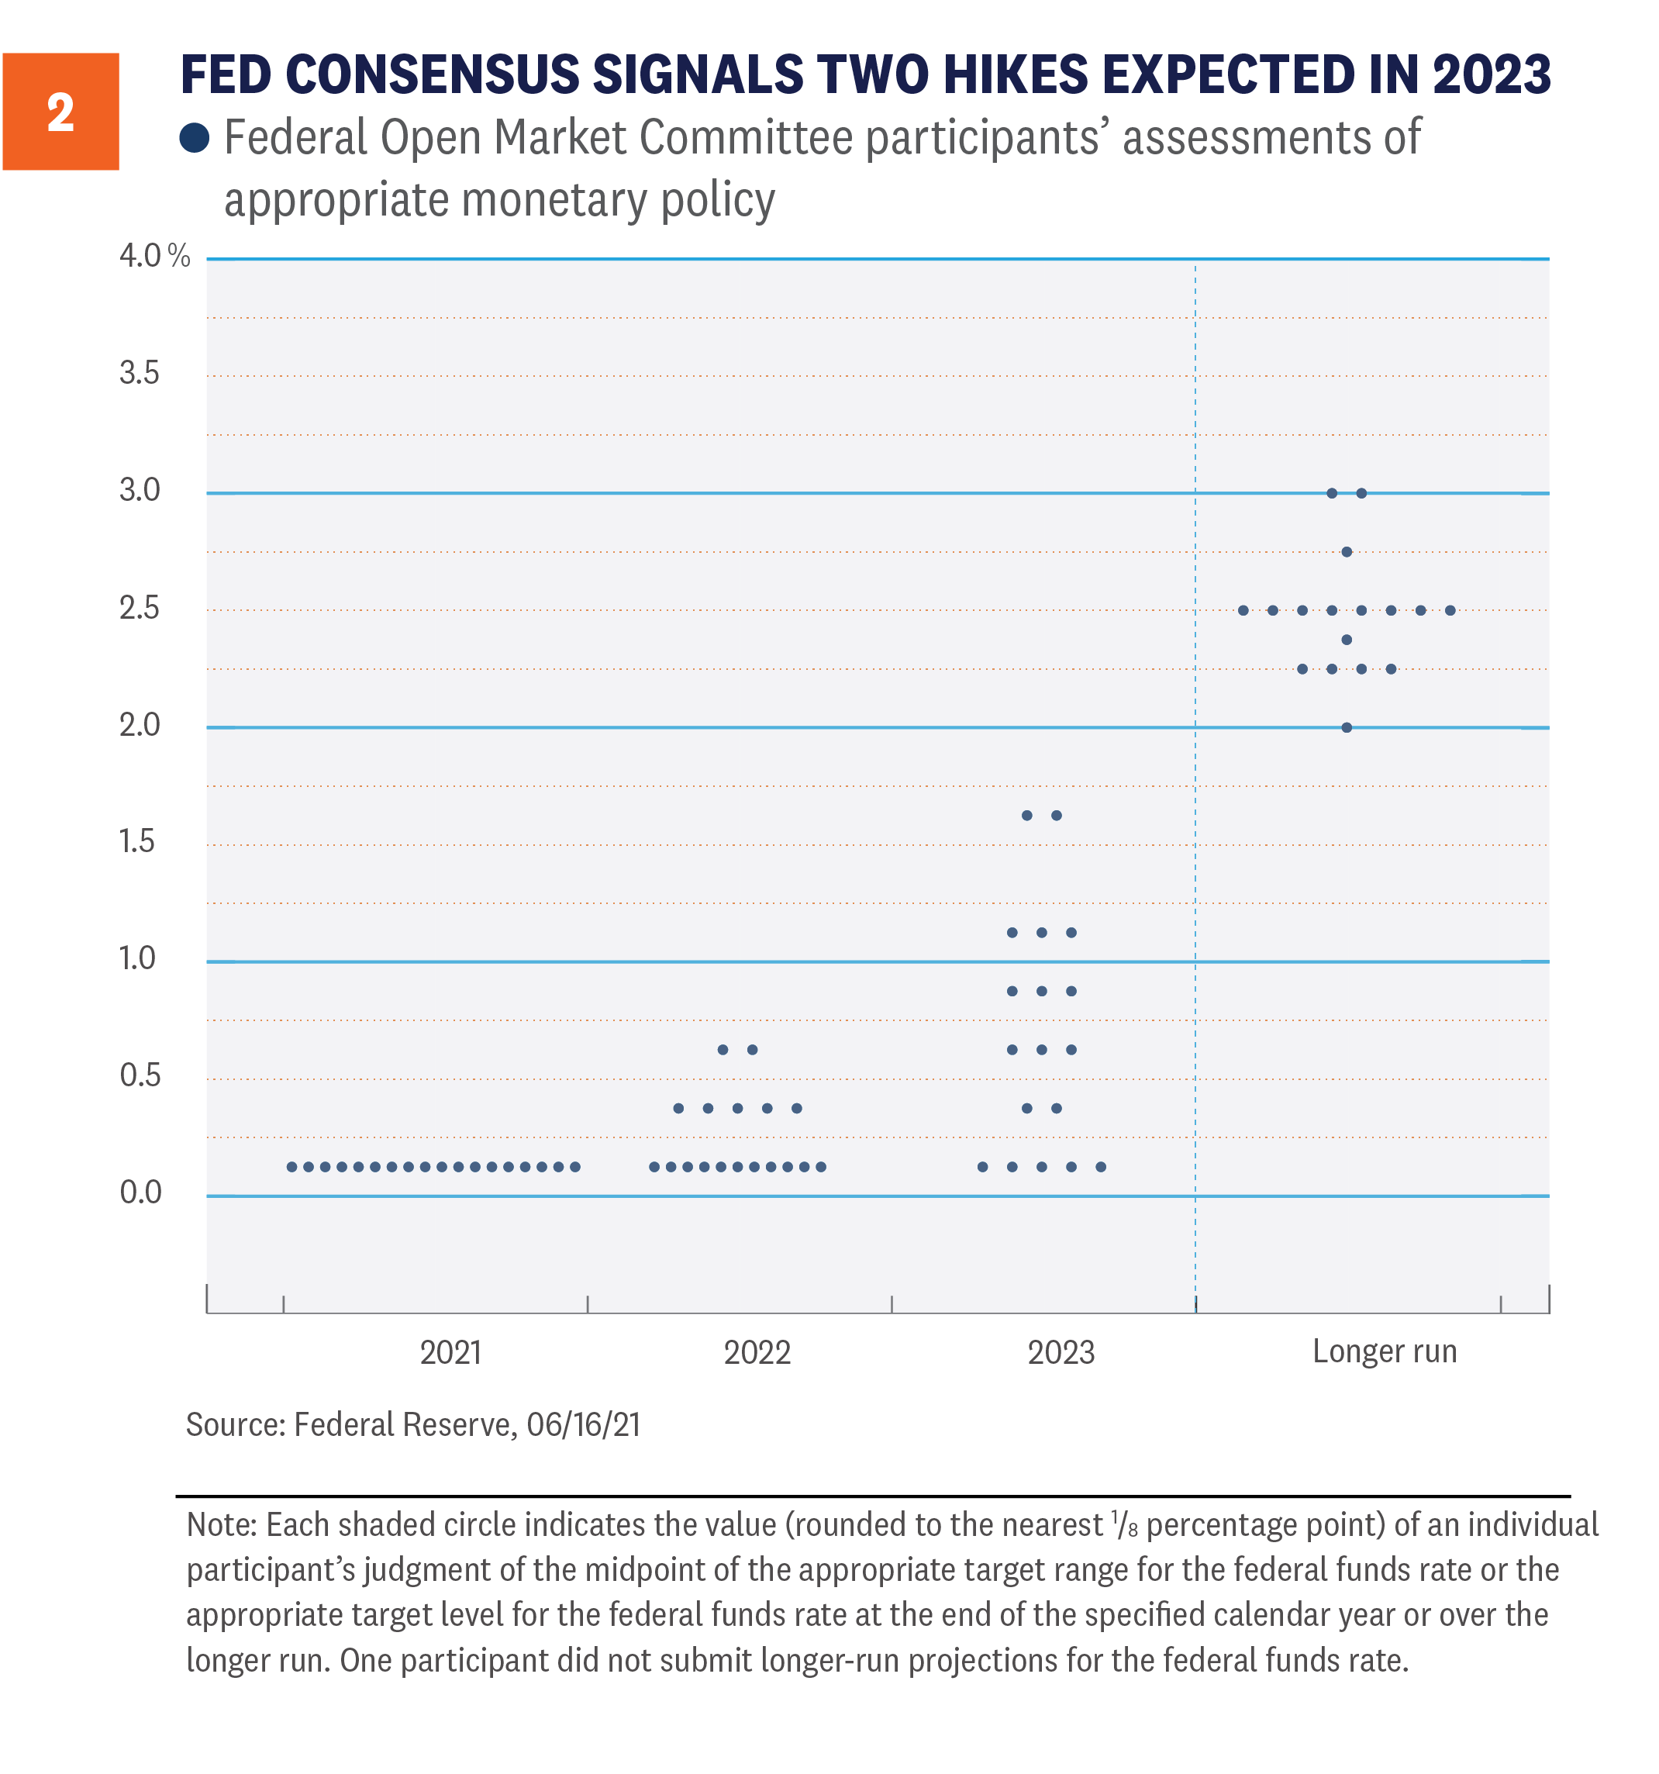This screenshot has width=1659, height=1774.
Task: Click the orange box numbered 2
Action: pos(60,112)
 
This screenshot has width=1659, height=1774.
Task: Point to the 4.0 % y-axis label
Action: pos(153,256)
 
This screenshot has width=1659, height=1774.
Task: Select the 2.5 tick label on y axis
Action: pos(140,609)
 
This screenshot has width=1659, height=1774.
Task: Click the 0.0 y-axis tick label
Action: pos(140,1192)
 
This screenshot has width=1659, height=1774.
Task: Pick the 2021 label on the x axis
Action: pos(450,1353)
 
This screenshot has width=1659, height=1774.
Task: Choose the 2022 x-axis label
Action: pos(757,1353)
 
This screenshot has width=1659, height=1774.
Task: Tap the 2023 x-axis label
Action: pos(1061,1353)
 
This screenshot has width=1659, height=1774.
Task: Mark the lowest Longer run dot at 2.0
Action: pos(1347,727)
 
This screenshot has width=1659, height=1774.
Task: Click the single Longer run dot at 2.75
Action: pos(1347,552)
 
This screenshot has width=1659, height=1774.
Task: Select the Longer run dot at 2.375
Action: pos(1347,640)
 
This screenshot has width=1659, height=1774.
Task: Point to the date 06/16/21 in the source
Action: pos(584,1425)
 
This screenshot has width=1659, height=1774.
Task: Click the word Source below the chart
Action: pos(235,1425)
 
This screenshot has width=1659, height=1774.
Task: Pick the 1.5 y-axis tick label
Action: pos(137,841)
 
